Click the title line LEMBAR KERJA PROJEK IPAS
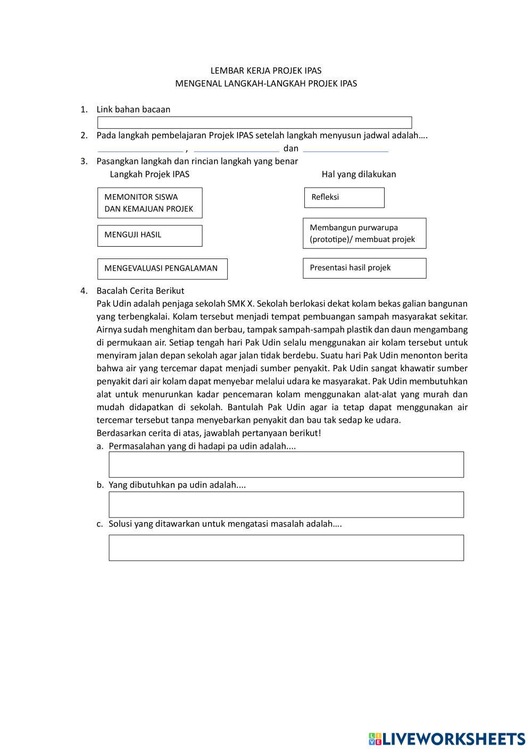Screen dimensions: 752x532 click(x=266, y=70)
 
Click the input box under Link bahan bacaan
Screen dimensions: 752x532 click(x=254, y=123)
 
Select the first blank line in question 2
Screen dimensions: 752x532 click(x=140, y=149)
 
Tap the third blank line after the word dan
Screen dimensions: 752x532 click(x=345, y=149)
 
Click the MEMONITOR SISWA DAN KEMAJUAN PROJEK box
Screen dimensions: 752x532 click(x=149, y=203)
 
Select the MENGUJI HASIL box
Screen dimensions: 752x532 click(x=149, y=236)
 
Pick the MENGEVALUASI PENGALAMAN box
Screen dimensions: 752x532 click(x=162, y=269)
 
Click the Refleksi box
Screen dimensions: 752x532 click(x=344, y=197)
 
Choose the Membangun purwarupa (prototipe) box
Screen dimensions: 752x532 click(x=364, y=233)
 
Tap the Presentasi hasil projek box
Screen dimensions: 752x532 click(x=364, y=268)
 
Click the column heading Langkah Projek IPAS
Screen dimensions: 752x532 click(x=149, y=174)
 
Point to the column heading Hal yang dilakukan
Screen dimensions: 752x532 click(x=359, y=174)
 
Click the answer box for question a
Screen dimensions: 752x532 click(x=286, y=464)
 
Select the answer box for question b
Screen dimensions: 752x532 click(x=286, y=504)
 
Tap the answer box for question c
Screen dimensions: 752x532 click(x=286, y=547)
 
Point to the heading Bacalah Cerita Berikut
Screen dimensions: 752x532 click(x=140, y=290)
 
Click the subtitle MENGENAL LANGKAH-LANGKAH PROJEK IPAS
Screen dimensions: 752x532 click(x=266, y=83)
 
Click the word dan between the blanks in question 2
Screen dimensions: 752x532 click(x=290, y=148)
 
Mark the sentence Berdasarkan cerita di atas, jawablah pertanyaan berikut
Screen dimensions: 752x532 click(x=209, y=433)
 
